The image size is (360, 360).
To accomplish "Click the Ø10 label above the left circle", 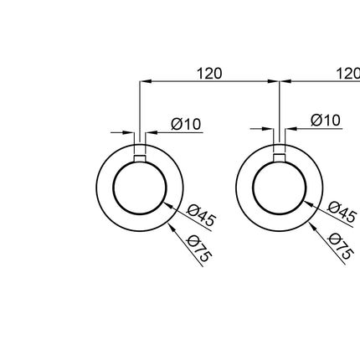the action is (186, 124).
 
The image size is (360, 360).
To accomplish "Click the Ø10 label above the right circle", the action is (326, 121).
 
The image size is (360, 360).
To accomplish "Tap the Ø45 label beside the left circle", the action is (201, 215).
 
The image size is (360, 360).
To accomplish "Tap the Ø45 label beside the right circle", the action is (342, 212).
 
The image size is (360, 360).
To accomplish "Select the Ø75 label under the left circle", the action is (198, 249).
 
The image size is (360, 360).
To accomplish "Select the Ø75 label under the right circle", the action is (341, 246).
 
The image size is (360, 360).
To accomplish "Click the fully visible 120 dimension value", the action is (209, 74).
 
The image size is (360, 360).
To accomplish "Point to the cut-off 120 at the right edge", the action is (348, 74).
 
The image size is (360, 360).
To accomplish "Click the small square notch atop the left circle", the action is (140, 158).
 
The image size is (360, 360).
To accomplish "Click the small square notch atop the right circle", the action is (280, 158).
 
